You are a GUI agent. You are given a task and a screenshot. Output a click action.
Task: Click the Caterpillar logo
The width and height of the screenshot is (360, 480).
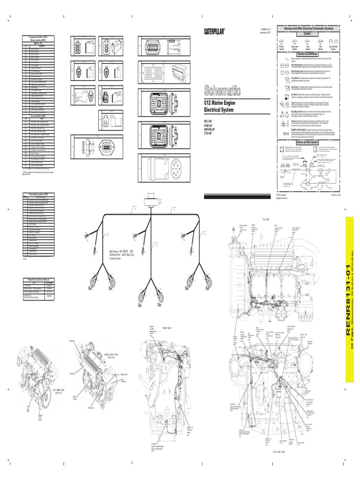pos(214,31)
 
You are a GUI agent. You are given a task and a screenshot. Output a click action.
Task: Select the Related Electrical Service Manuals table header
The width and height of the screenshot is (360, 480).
pos(38,279)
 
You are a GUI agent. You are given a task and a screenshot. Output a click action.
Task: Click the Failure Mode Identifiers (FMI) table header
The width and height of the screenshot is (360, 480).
pos(38,194)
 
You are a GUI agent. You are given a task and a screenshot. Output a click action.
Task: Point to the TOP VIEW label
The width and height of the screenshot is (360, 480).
pos(266,219)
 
